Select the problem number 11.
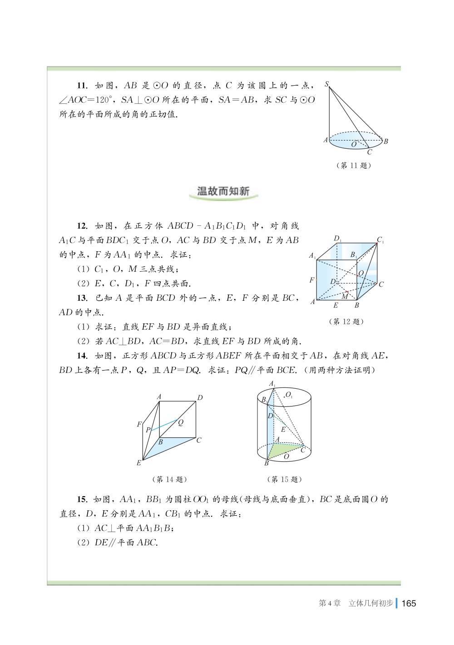pyautogui.click(x=82, y=86)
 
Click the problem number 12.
pyautogui.click(x=82, y=226)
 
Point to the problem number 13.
pyautogui.click(x=82, y=298)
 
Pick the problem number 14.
pyautogui.click(x=82, y=356)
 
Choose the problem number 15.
pyautogui.click(x=82, y=500)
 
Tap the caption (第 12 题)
pyautogui.click(x=346, y=322)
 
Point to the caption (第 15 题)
pyautogui.click(x=284, y=479)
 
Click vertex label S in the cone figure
pyautogui.click(x=326, y=84)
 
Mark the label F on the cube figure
pyautogui.click(x=311, y=280)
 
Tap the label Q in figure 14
pyautogui.click(x=180, y=422)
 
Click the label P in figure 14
pyautogui.click(x=148, y=430)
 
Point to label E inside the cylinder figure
pyautogui.click(x=283, y=429)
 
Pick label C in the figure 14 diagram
pyautogui.click(x=199, y=440)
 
